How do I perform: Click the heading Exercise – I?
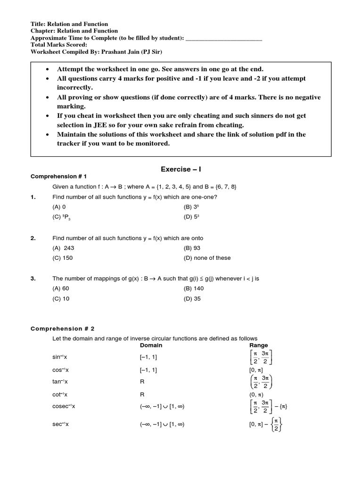point(181,169)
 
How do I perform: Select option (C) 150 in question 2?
point(63,258)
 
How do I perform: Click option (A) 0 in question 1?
point(59,207)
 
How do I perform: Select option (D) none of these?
point(207,258)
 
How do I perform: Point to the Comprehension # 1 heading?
point(59,177)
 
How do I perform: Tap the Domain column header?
point(151,345)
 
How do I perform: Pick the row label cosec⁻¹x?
point(64,406)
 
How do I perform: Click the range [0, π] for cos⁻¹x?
point(256,370)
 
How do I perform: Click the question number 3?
point(33,279)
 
